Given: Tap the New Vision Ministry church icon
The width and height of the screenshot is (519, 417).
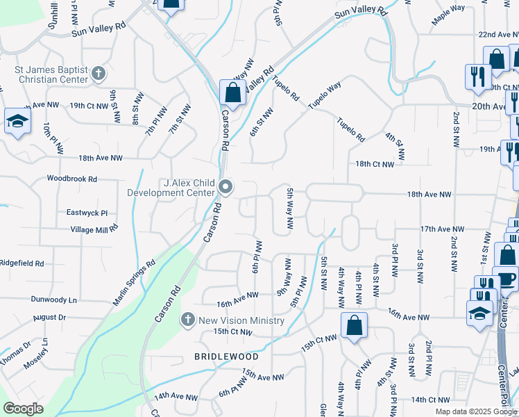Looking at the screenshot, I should coord(187,320).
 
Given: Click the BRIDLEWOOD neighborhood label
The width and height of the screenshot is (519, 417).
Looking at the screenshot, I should coord(226,357).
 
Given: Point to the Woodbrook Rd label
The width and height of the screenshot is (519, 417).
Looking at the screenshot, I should coord(71,179).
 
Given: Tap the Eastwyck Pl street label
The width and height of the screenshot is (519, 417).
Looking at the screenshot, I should coord(87,213).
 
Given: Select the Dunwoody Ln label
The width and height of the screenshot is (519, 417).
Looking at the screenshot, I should coord(53,300).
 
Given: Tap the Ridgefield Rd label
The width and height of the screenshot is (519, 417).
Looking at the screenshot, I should coord(22,263).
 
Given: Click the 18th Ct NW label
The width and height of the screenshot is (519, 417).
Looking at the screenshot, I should coord(375,165).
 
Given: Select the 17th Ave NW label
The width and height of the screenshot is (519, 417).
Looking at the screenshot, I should coord(441,229).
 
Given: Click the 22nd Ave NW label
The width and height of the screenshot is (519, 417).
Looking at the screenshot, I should coord(497,34).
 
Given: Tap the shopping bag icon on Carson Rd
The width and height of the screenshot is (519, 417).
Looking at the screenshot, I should coord(233,92).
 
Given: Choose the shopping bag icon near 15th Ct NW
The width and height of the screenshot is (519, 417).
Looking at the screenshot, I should coord(354,325).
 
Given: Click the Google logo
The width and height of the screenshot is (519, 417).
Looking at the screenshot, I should coord(23,409).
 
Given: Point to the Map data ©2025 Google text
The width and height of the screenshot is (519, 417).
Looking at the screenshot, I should coord(476,411).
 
